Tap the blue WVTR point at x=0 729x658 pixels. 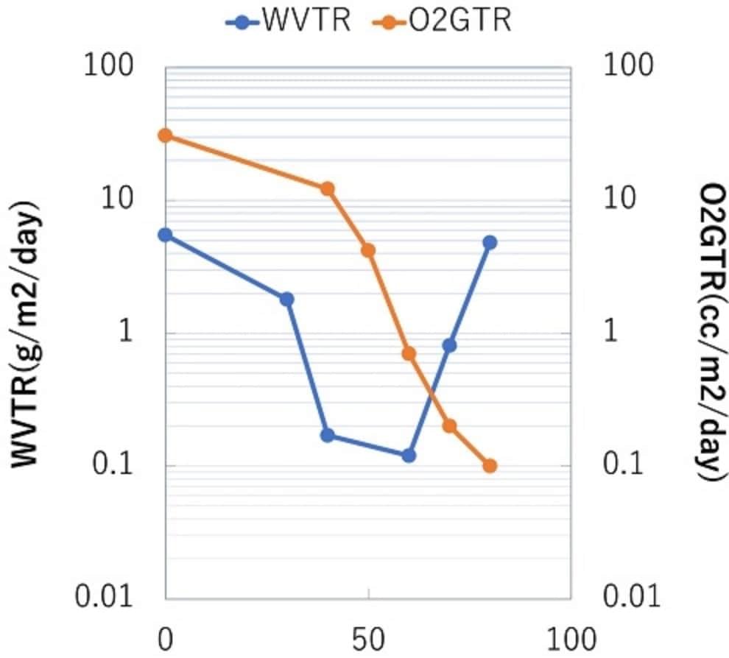(x=165, y=235)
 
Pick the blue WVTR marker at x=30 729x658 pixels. (x=286, y=299)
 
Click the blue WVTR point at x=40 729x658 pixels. (x=327, y=435)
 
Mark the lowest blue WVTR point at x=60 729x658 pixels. (x=409, y=456)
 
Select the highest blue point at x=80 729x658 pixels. (x=490, y=243)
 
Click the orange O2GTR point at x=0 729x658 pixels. (x=165, y=135)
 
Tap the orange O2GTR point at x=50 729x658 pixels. (x=368, y=250)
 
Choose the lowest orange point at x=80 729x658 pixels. (x=490, y=466)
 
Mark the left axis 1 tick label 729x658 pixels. (x=125, y=332)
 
